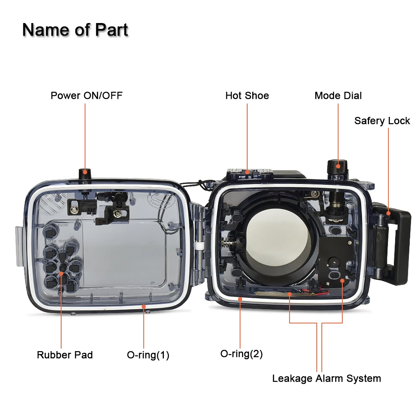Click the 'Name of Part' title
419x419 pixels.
[x=75, y=30]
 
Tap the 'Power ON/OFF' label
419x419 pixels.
[x=86, y=96]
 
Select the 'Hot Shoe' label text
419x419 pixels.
[x=247, y=96]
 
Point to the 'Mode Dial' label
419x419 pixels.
[x=338, y=96]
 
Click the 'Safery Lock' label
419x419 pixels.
[x=382, y=121]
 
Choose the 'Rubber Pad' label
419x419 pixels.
[x=65, y=355]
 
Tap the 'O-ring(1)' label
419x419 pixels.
[x=148, y=355]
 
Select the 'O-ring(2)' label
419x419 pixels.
[x=241, y=354]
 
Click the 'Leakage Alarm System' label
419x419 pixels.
[x=326, y=378]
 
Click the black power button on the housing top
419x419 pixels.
[x=85, y=173]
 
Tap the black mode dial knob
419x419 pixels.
[x=338, y=168]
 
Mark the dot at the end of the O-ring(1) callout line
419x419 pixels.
[x=144, y=306]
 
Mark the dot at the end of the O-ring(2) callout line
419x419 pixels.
[x=241, y=298]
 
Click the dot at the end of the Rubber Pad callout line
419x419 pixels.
[x=62, y=273]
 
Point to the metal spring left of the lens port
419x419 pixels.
[x=226, y=243]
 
